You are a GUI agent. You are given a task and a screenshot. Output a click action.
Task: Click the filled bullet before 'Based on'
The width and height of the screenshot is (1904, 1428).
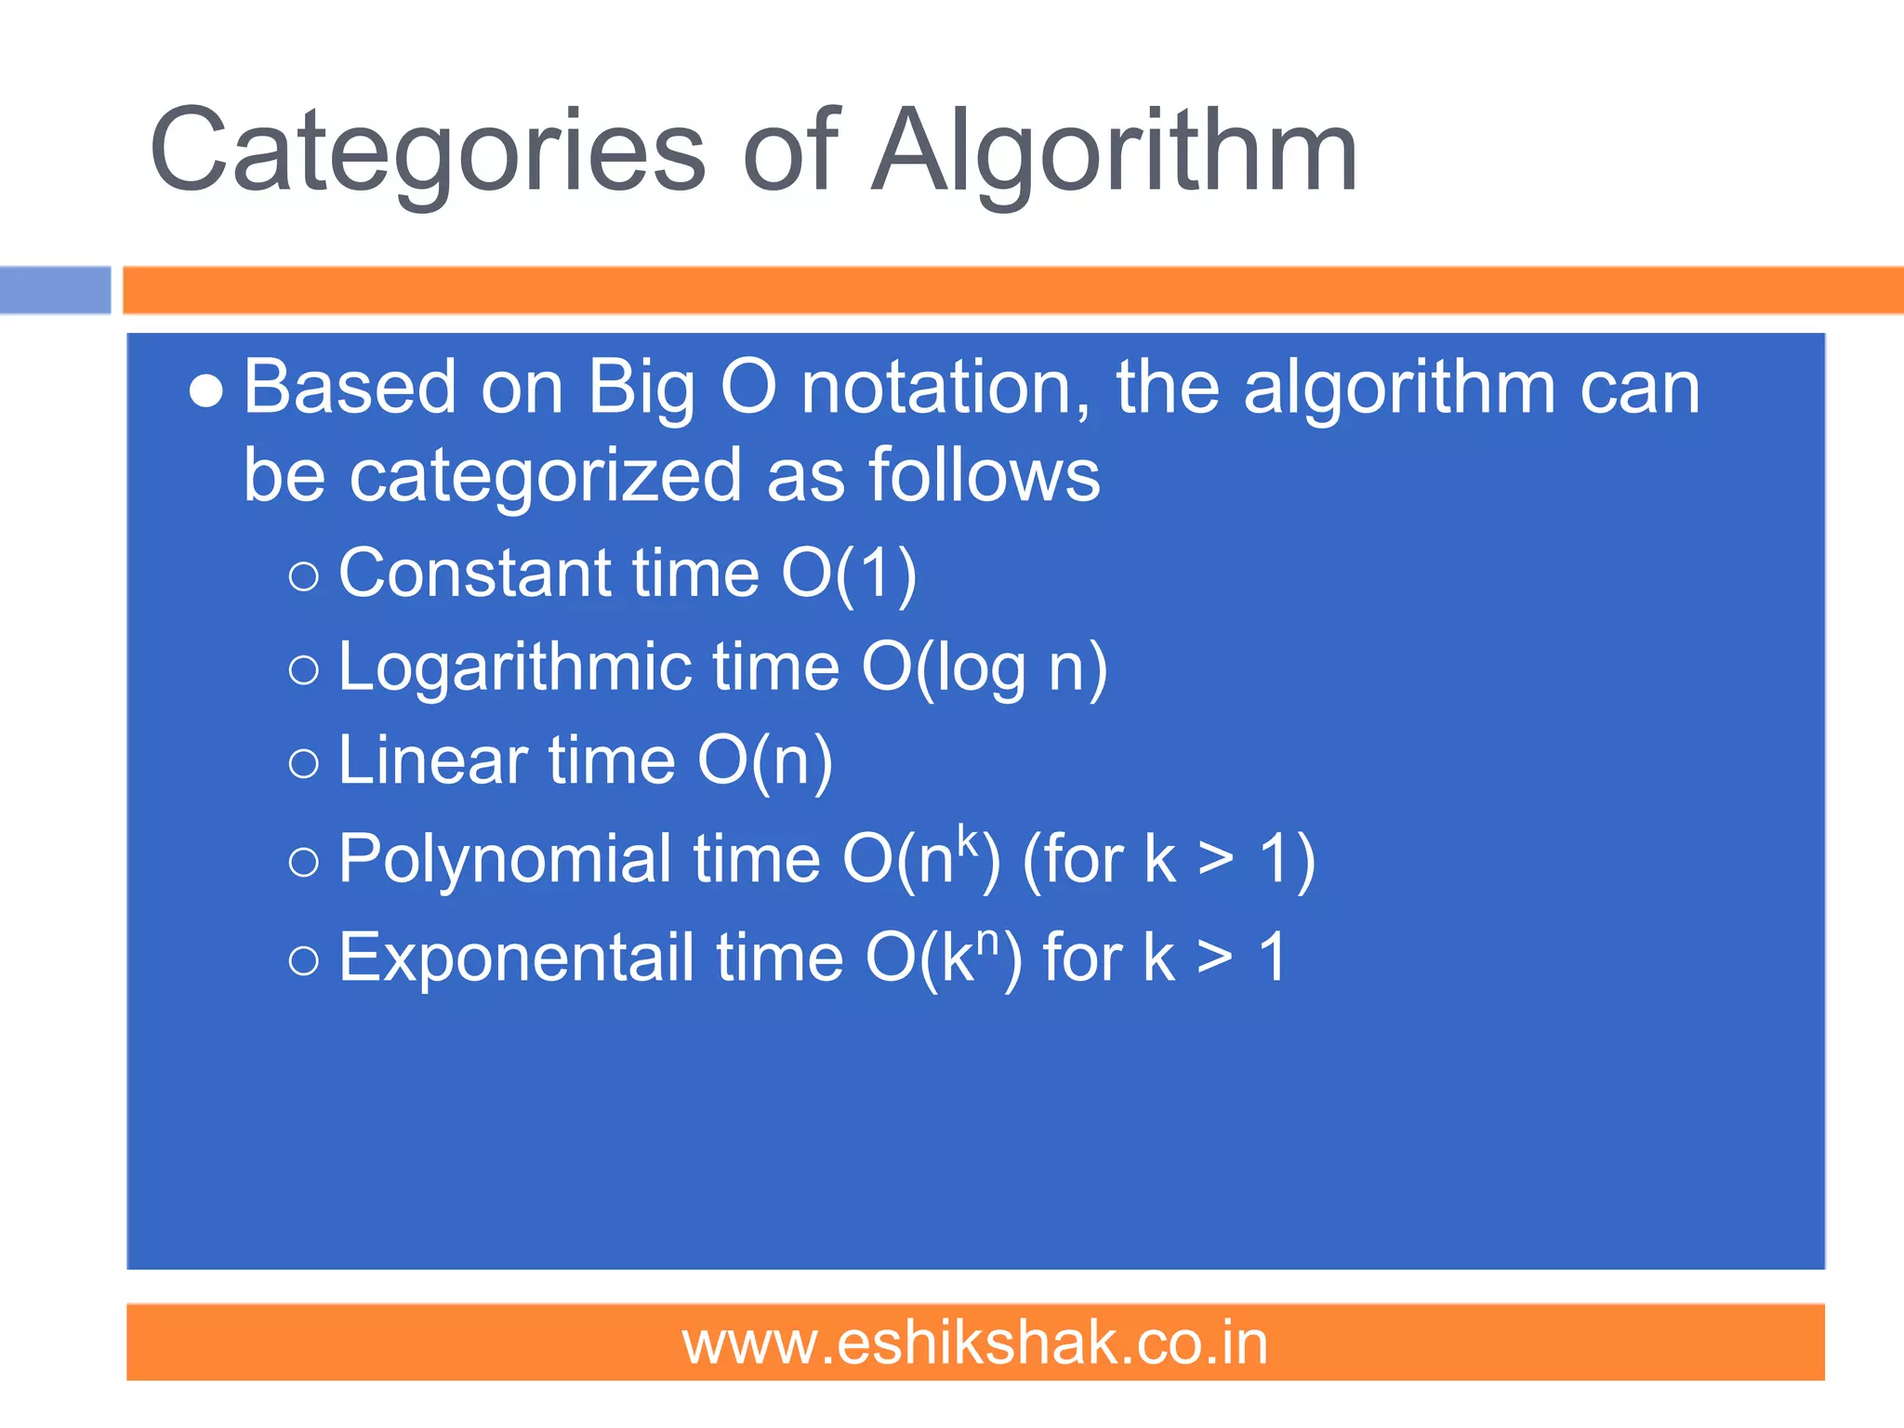click(205, 391)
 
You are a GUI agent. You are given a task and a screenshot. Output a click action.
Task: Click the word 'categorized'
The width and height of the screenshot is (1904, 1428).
click(545, 475)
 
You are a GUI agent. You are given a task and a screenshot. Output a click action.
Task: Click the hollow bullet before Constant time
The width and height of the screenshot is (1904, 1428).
click(304, 577)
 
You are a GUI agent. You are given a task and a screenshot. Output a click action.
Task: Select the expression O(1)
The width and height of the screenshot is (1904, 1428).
click(849, 575)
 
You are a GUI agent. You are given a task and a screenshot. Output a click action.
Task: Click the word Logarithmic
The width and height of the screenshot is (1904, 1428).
click(515, 669)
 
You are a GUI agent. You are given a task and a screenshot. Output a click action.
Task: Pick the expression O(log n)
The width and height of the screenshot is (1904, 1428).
click(985, 669)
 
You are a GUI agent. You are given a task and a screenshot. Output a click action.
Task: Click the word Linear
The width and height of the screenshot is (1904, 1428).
click(432, 761)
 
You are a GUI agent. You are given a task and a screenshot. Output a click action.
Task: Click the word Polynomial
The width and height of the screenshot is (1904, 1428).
click(505, 859)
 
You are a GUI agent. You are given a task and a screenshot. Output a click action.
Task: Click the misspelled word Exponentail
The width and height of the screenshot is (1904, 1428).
click(516, 958)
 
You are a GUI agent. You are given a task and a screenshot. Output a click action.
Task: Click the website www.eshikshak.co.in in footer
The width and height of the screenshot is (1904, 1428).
click(975, 1343)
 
